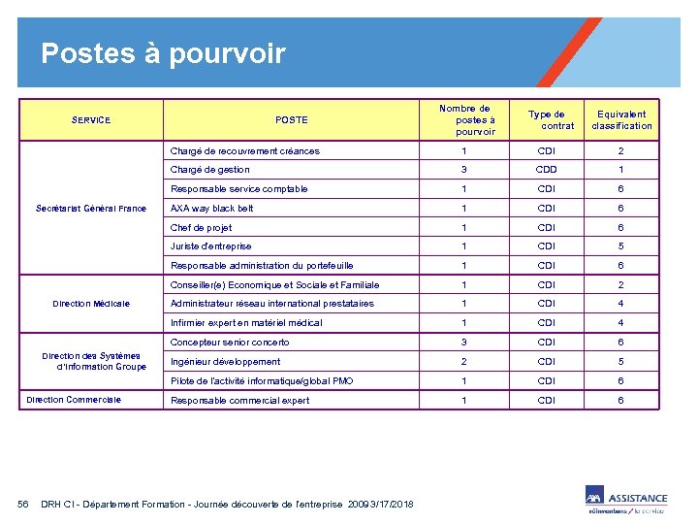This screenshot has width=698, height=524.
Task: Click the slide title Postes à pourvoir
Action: tap(163, 52)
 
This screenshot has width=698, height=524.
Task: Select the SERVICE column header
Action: tap(91, 120)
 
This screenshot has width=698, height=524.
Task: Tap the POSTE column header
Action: tap(291, 120)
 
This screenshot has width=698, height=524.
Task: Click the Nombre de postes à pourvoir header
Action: tap(465, 120)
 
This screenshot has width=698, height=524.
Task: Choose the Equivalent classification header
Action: tap(621, 120)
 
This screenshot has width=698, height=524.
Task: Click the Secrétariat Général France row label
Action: tap(91, 209)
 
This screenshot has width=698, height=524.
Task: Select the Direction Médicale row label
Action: tap(91, 304)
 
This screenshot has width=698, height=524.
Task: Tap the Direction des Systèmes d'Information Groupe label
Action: tap(91, 361)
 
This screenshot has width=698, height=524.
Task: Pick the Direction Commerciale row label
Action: tap(74, 400)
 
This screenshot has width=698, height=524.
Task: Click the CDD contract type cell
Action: tap(547, 170)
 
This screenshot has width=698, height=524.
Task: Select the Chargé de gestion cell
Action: tap(210, 170)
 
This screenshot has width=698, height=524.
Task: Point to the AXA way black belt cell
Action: tap(212, 209)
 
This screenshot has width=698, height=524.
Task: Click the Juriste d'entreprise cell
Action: tap(211, 246)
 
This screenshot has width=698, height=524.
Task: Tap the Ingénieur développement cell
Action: tap(226, 361)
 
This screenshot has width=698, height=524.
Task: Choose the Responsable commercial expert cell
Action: tap(240, 400)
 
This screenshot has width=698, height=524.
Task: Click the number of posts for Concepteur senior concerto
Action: tap(464, 343)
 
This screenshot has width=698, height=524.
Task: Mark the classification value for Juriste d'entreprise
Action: tap(621, 246)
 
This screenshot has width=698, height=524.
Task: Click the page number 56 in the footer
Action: tap(24, 504)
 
